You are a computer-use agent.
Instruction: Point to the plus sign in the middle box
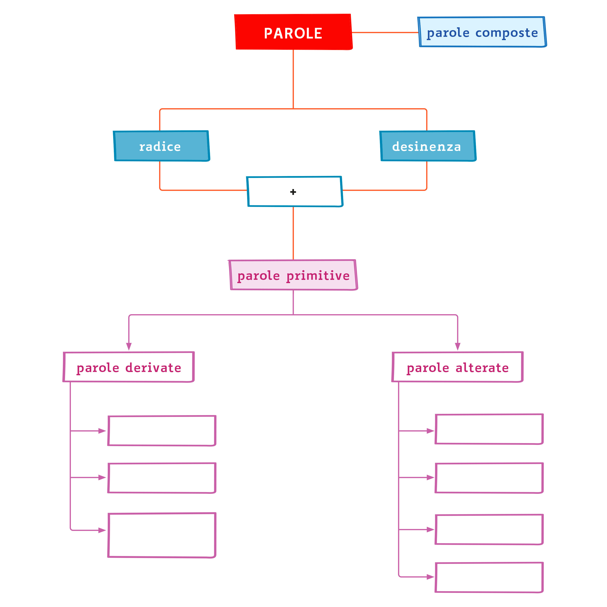[293, 192]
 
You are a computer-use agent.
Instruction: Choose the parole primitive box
[293, 275]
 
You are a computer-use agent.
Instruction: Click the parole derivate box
[129, 367]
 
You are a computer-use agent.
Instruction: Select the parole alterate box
[457, 367]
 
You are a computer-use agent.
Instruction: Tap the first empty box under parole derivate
[162, 431]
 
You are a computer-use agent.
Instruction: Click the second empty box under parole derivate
[162, 478]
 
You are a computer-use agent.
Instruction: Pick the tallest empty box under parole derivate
[162, 535]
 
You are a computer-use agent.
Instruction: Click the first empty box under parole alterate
[489, 429]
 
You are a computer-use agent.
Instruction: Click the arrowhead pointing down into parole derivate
[129, 346]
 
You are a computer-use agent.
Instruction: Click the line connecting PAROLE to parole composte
[385, 32]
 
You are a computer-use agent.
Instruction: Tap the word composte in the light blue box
[506, 33]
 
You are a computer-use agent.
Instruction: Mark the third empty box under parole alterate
[489, 529]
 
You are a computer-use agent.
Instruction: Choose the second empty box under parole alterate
[489, 478]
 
